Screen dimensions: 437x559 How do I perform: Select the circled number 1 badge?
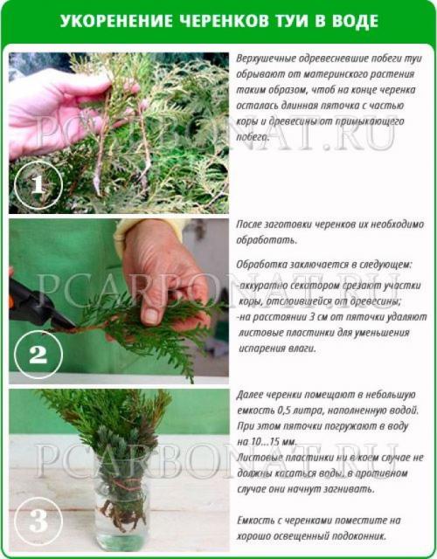tap(38, 185)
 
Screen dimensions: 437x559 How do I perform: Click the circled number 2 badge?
tap(38, 354)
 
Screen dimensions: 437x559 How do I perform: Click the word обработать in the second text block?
tap(267, 240)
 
